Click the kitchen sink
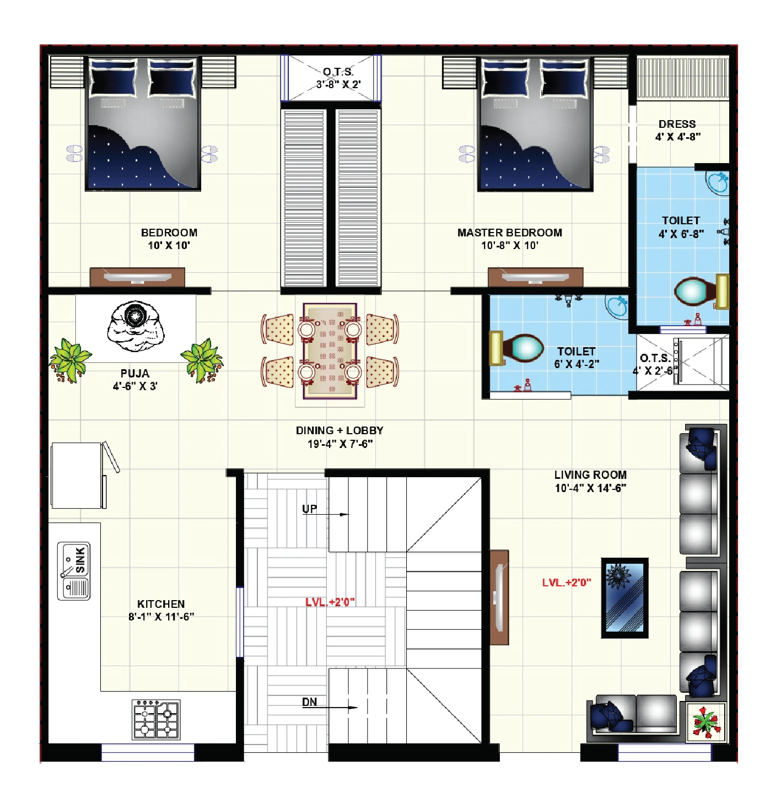74,571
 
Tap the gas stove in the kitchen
157,719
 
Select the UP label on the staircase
309,509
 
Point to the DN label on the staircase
309,702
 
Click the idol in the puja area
135,325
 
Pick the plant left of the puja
69,360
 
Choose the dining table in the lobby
330,350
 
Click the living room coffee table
624,598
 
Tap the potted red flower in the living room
705,721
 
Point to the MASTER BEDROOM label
509,233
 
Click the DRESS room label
677,124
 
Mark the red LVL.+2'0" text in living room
566,582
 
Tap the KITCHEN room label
161,604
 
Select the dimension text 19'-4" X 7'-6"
340,444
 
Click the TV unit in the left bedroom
137,277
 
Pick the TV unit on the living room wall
499,597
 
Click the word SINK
80,560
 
